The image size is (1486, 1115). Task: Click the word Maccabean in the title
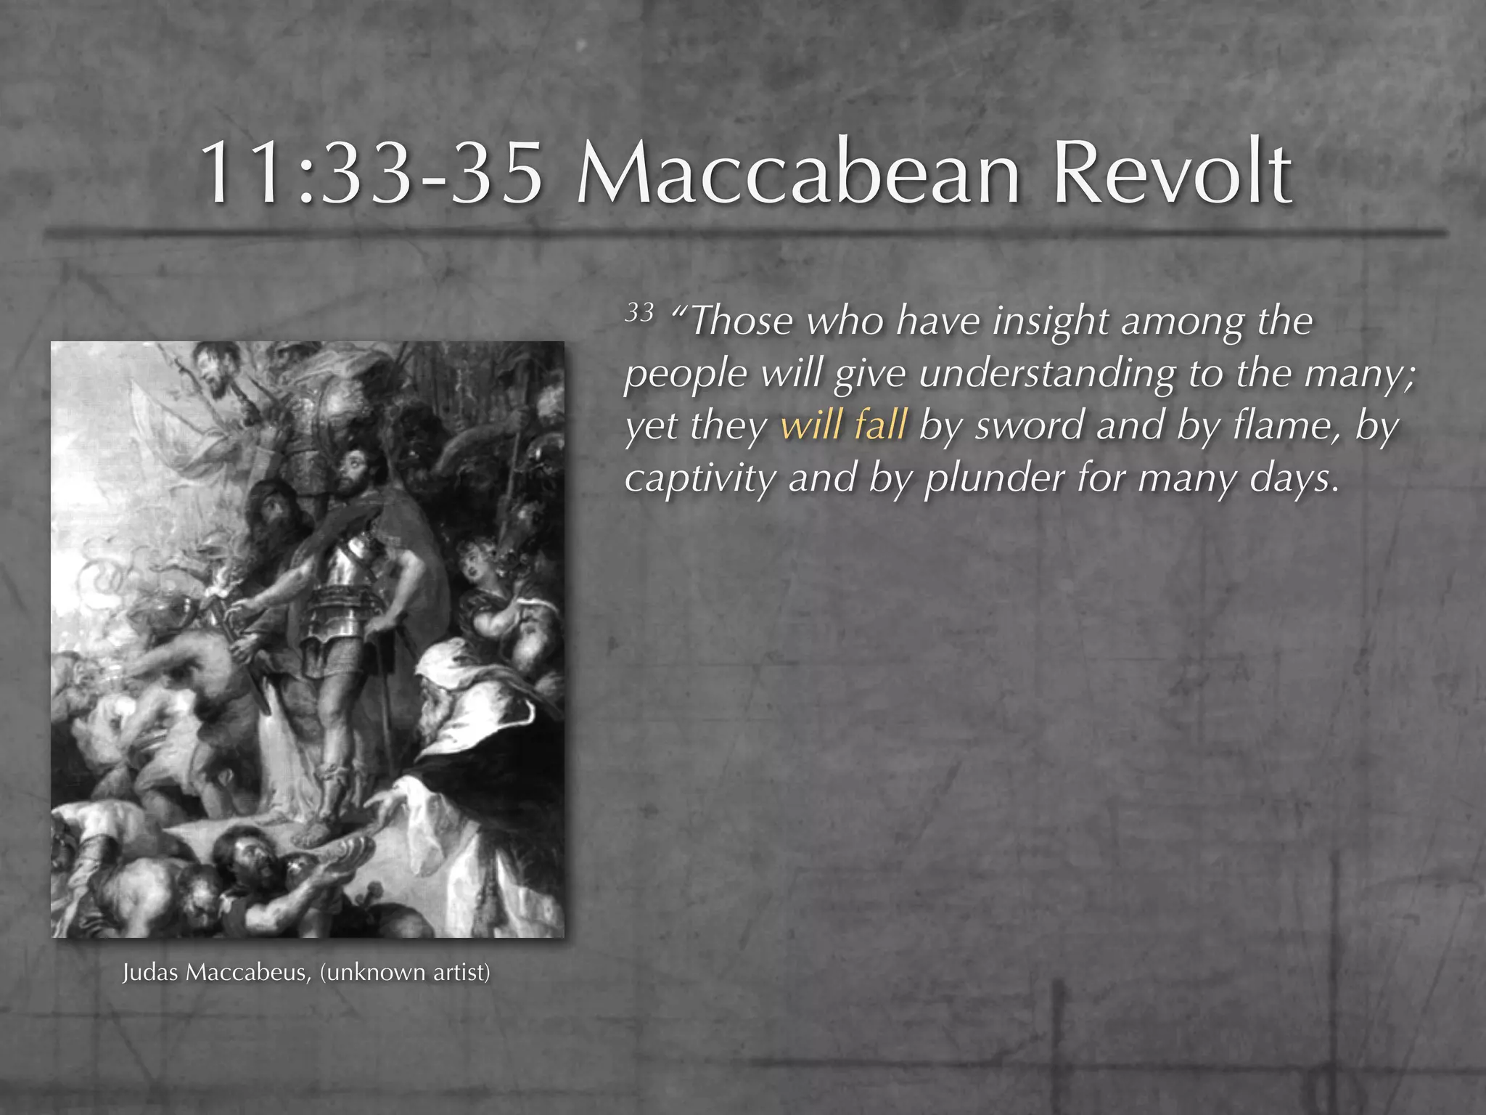(798, 173)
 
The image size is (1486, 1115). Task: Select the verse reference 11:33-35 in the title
(370, 173)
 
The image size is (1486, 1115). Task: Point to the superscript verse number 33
(639, 313)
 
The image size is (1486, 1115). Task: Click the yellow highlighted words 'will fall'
(843, 425)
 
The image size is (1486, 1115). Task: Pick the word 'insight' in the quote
(1050, 322)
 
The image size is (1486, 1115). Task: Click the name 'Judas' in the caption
(149, 972)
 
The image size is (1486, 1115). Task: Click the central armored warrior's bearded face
(356, 465)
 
